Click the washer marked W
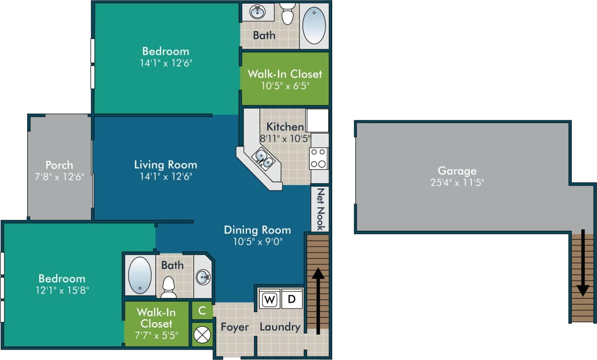click(269, 299)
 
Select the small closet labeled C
click(202, 310)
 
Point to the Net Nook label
click(320, 209)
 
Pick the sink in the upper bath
click(257, 12)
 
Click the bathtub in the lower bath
click(140, 275)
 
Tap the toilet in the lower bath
click(168, 286)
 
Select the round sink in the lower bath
click(203, 277)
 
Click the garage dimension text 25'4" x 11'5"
click(457, 182)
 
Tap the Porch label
click(59, 165)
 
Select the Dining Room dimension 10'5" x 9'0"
click(257, 241)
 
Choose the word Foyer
click(235, 327)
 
